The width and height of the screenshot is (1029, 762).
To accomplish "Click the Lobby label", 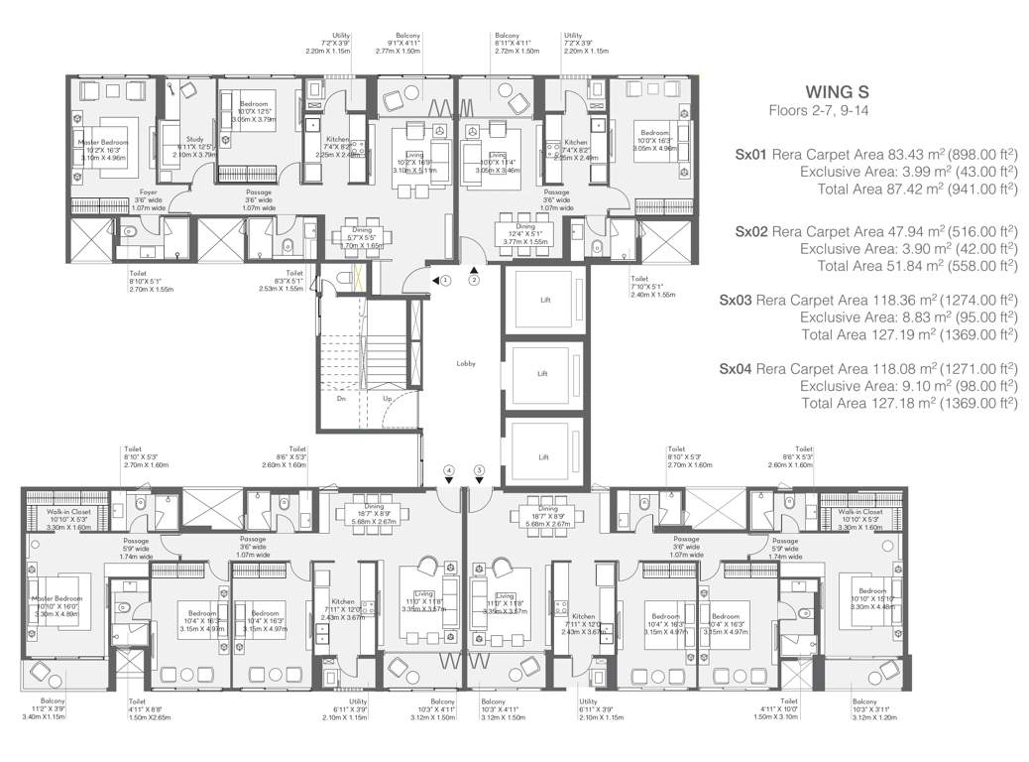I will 466,363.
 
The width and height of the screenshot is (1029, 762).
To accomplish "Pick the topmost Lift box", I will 543,300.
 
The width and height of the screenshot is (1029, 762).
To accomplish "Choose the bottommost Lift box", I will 543,456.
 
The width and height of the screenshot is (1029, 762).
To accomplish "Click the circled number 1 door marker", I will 446,281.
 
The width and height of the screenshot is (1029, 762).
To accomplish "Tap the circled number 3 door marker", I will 479,468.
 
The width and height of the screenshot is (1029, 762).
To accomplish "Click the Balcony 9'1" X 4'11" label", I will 408,40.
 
